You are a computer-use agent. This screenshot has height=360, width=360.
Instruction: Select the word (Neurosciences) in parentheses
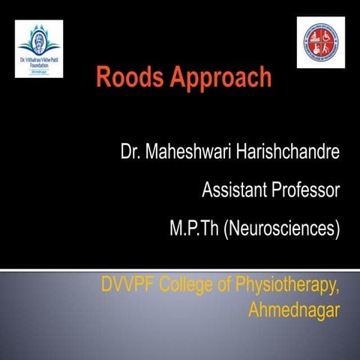(283, 227)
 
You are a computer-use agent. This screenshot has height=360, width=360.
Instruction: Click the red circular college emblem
(320, 42)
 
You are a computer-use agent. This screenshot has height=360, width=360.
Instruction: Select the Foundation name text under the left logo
(39, 61)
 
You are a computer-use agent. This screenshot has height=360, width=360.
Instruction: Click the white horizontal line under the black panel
(180, 266)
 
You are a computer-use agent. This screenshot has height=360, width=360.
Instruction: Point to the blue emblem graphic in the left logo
(39, 37)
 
